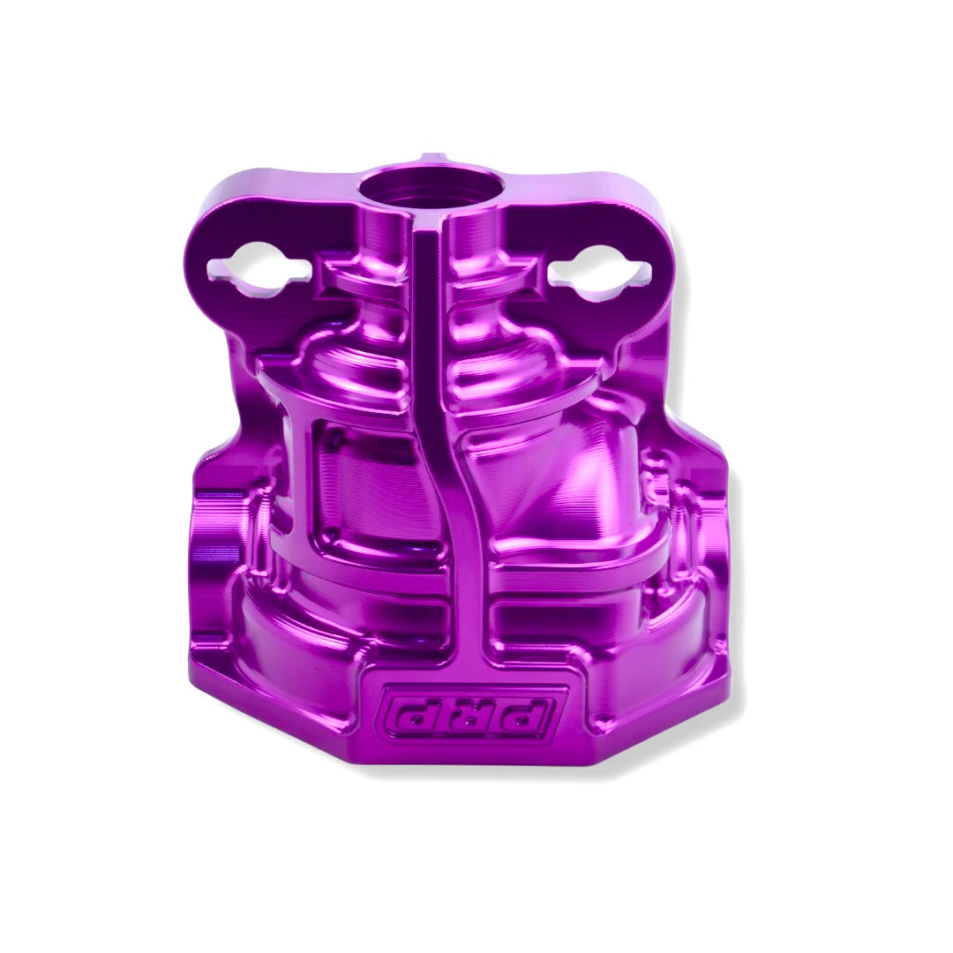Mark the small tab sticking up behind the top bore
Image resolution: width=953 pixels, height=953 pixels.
[x=430, y=159]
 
